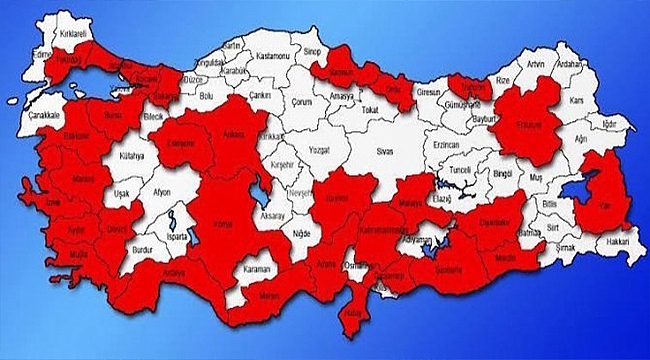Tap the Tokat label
(x=371, y=107)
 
